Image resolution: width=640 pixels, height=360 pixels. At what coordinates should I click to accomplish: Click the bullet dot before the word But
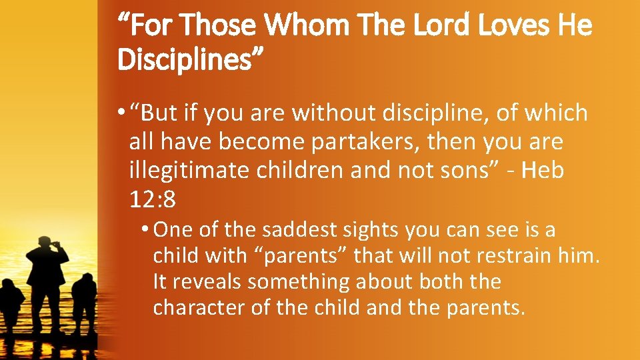tap(121, 114)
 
